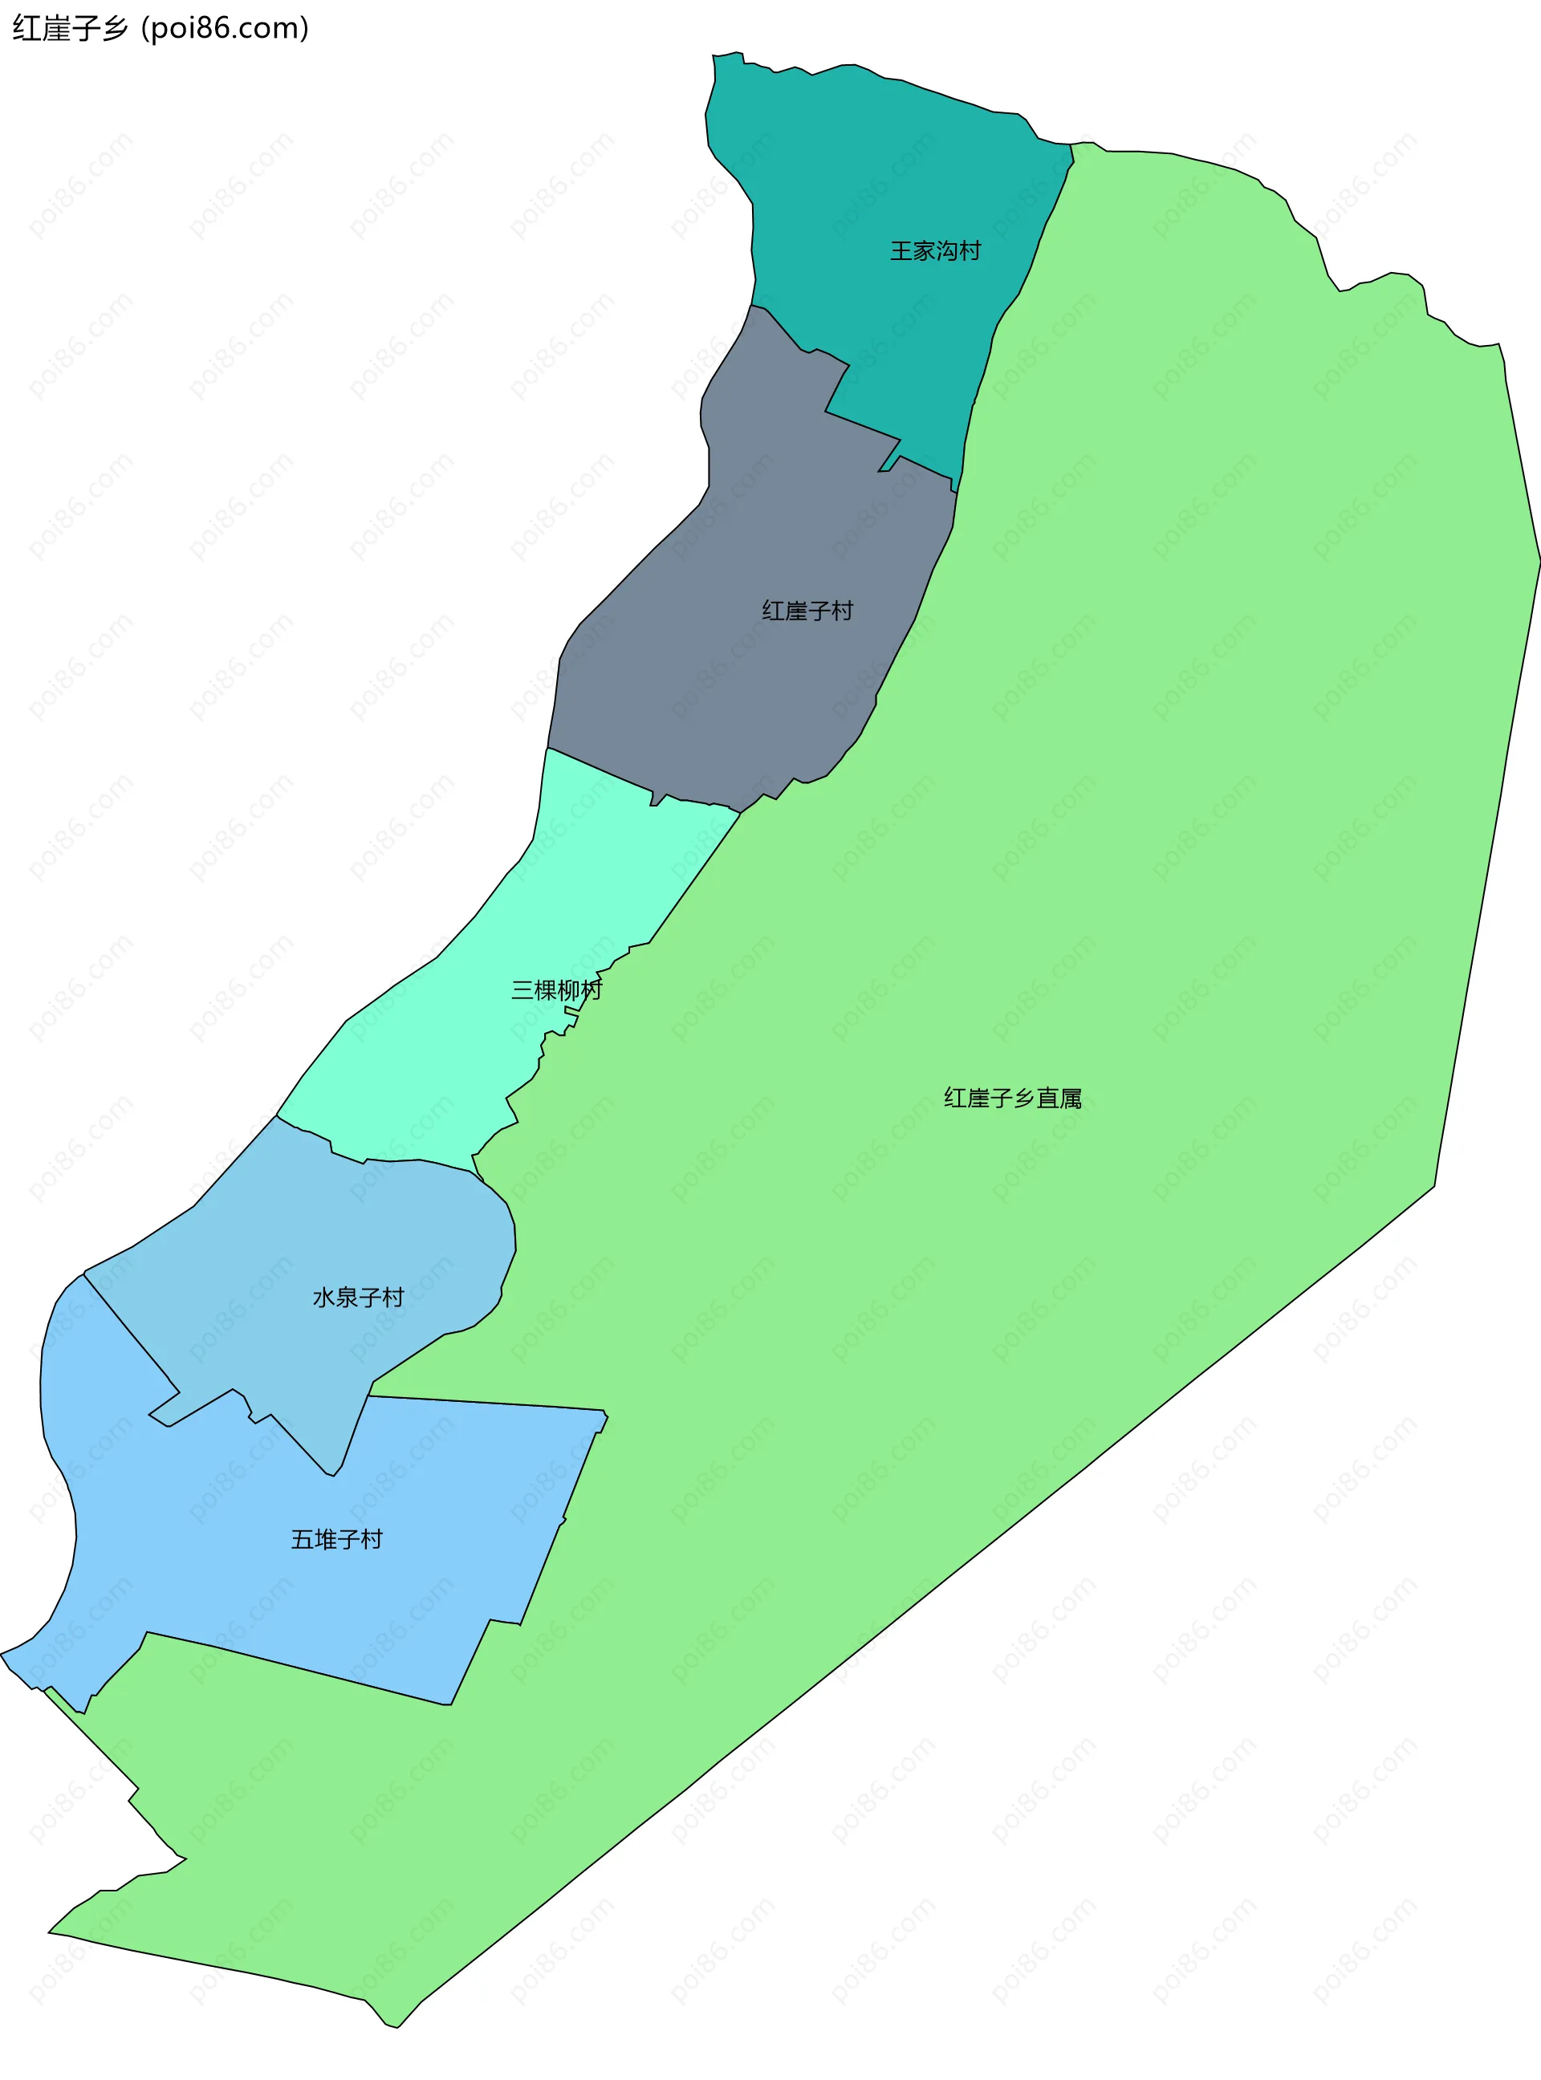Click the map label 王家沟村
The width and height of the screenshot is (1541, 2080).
point(935,251)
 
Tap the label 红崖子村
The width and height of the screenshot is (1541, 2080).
point(807,611)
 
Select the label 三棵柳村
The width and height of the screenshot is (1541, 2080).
point(556,989)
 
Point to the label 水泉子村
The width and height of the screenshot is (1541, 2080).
point(357,1298)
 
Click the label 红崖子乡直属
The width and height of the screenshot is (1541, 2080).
point(1012,1099)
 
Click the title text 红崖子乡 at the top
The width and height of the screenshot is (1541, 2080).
point(70,29)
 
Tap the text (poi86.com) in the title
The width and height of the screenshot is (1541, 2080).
point(225,29)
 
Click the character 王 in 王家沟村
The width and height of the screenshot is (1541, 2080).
point(901,251)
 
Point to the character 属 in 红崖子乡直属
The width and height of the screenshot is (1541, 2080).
point(1070,1099)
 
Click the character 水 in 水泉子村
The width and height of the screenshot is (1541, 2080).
point(323,1298)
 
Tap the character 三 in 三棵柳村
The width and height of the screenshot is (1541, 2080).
point(522,989)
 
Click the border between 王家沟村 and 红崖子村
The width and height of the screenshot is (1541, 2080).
point(863,425)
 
